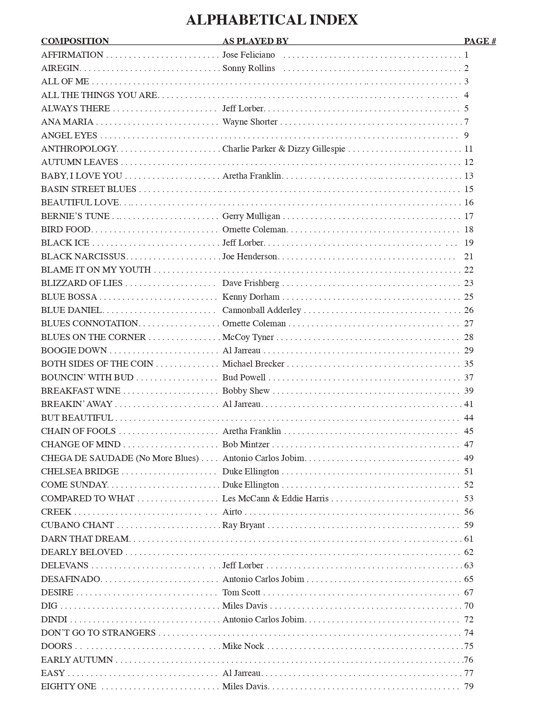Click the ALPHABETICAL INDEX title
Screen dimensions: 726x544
pos(272,20)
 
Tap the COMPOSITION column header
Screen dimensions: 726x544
pos(75,41)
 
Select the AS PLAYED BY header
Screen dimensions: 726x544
pos(255,41)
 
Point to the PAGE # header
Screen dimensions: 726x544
pos(480,41)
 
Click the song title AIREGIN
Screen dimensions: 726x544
pos(60,68)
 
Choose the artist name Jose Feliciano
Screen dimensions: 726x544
pos(248,55)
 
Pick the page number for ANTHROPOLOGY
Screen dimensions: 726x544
pos(468,149)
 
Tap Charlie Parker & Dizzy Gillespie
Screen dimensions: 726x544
pos(284,149)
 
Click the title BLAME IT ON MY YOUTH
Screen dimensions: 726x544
pos(96,270)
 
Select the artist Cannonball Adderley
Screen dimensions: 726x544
pos(262,310)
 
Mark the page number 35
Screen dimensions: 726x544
pos(468,364)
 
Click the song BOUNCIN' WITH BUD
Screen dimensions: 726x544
pos(87,378)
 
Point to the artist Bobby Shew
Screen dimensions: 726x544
pos(246,391)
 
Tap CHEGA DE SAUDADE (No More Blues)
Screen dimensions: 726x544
pos(120,458)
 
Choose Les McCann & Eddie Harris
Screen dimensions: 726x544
pos(275,499)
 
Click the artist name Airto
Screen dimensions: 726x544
pos(232,512)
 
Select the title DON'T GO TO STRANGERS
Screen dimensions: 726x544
pos(98,633)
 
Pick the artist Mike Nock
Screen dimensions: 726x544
pos(243,646)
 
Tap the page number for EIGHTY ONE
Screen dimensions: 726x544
pos(468,686)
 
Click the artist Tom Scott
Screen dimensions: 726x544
pos(241,592)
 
